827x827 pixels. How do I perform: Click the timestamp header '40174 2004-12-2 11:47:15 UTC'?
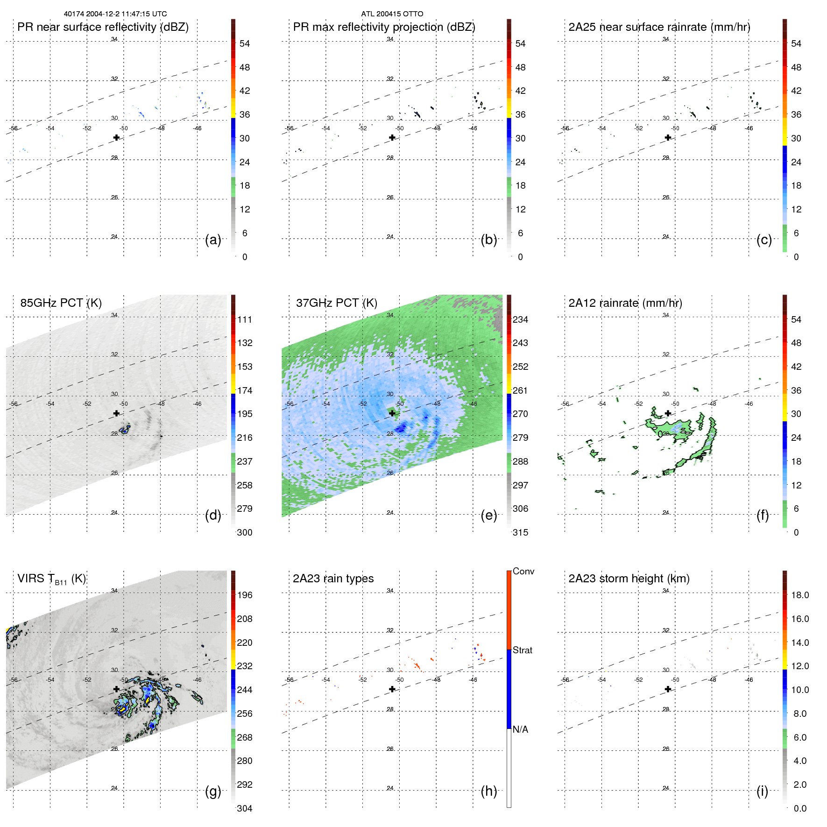pos(115,14)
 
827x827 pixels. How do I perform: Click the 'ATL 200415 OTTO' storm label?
pos(392,14)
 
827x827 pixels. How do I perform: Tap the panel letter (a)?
pos(213,240)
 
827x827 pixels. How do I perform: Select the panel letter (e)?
pos(489,516)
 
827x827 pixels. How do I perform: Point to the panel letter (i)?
pos(763,791)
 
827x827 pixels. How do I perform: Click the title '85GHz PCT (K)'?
pos(61,303)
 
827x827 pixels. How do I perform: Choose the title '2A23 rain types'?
pos(333,579)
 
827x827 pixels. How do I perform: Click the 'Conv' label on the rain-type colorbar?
pos(523,572)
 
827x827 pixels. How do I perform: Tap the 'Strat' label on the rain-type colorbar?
pos(523,650)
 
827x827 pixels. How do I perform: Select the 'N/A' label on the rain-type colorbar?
pos(520,729)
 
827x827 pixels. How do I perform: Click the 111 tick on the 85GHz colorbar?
pos(245,320)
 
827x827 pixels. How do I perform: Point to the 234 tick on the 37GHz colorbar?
pos(520,320)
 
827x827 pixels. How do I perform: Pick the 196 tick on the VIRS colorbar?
pos(245,595)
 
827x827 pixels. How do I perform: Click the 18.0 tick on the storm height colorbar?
pos(800,595)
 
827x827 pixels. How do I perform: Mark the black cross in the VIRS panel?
pos(116,689)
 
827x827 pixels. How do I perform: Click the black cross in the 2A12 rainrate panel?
pos(668,413)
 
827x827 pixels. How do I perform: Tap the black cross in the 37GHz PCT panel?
pos(392,413)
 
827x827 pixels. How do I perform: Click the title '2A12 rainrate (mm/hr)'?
pos(625,303)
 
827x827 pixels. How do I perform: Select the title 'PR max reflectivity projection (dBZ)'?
pos(384,27)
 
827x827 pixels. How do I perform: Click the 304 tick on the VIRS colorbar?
pos(245,808)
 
